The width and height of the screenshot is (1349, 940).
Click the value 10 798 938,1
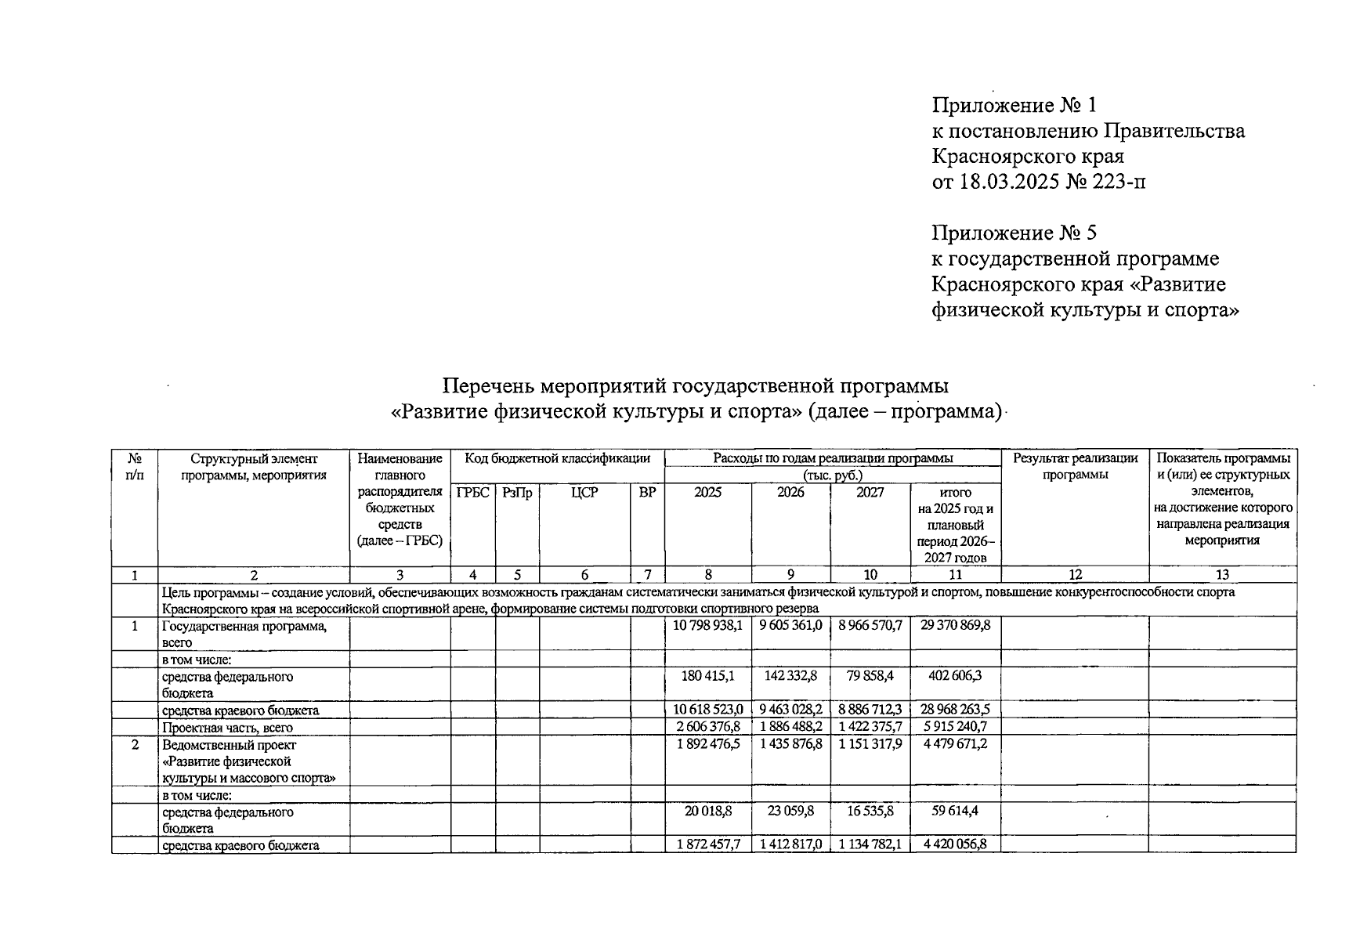[x=707, y=625]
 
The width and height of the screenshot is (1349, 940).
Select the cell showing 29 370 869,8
[x=955, y=625]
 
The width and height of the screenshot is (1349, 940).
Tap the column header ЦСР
[x=584, y=493]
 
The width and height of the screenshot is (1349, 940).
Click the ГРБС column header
[x=472, y=493]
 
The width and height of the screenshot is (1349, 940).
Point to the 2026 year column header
[x=790, y=493]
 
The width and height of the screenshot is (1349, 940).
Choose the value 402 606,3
[x=955, y=676]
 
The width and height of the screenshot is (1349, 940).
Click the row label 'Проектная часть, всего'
[x=227, y=728]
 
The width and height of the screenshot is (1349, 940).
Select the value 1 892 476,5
[x=707, y=744]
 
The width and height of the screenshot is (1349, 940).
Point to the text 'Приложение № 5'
[x=1014, y=233]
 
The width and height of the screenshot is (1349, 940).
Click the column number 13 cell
[x=1221, y=575]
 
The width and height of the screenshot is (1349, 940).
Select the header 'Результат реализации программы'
[x=1075, y=467]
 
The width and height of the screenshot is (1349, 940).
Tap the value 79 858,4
[x=870, y=676]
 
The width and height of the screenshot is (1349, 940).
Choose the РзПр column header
[x=517, y=493]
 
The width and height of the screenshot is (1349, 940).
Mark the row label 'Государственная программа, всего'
[x=244, y=634]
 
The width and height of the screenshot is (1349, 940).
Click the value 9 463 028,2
[x=790, y=710]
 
